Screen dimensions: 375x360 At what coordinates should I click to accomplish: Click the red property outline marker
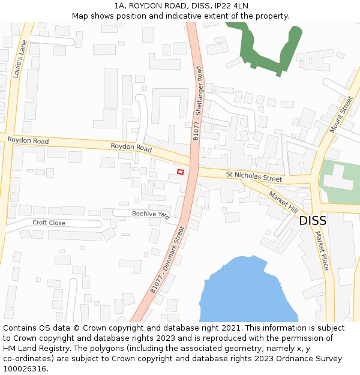click(180, 172)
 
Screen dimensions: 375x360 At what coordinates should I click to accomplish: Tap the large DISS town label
click(313, 220)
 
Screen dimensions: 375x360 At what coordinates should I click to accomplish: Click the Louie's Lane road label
click(19, 59)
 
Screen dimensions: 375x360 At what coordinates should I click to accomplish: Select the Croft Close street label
click(49, 223)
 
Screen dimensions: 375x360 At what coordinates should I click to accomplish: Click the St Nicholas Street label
click(254, 178)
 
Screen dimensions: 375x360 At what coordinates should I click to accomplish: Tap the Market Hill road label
click(283, 202)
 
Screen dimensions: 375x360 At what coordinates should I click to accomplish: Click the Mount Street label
click(341, 115)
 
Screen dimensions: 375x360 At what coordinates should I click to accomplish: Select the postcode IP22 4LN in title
click(229, 5)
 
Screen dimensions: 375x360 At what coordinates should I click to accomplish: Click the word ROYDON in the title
click(146, 5)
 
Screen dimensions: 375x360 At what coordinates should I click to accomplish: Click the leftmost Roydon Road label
click(28, 140)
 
